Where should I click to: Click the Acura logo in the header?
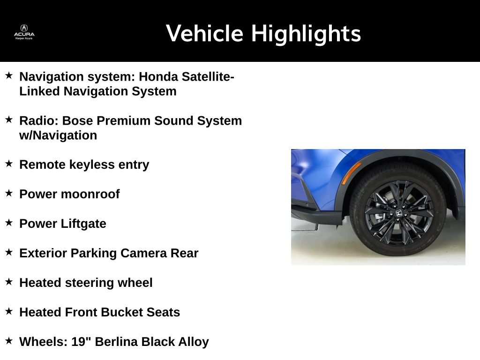click(x=24, y=32)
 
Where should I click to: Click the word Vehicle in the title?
click(x=204, y=33)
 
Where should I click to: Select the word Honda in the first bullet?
click(x=158, y=76)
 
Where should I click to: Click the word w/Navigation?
click(x=58, y=135)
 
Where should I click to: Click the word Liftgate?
click(x=83, y=224)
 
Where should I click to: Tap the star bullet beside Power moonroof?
click(x=9, y=193)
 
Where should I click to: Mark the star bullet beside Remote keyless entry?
click(x=9, y=164)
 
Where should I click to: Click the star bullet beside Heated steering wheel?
click(x=9, y=281)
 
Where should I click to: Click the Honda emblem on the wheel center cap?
click(x=398, y=213)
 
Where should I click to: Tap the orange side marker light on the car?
click(x=351, y=173)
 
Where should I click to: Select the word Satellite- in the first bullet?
click(x=208, y=76)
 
